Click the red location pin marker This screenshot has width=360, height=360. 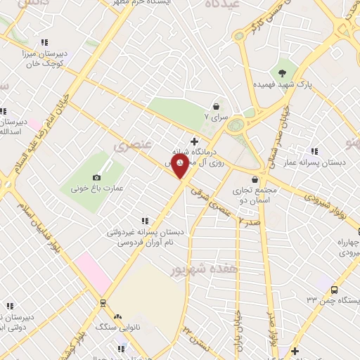coord(181,167)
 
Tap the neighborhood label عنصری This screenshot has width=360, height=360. coord(127,145)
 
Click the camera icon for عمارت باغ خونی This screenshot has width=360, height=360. coord(96,178)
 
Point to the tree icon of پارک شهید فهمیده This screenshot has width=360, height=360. coord(282,72)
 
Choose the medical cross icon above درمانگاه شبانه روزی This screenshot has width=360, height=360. coord(194,141)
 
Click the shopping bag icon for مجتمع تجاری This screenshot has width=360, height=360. coord(252,179)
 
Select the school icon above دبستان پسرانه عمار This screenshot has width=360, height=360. coord(313,151)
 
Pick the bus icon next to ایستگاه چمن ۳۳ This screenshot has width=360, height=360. coord(334,289)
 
